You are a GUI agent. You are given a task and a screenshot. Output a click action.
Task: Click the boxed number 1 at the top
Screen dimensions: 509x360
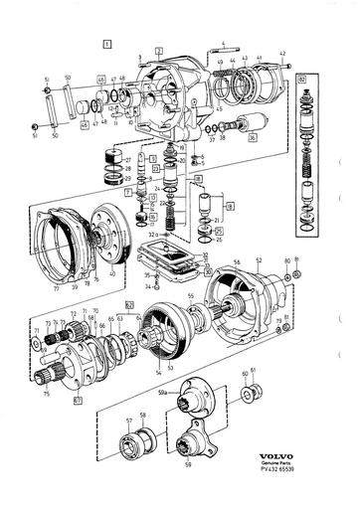108,44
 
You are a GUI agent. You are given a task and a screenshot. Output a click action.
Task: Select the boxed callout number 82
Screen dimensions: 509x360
301,76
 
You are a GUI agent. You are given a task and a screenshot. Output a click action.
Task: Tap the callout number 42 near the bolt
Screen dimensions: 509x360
282,53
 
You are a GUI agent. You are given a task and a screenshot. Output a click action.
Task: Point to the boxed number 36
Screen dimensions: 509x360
253,138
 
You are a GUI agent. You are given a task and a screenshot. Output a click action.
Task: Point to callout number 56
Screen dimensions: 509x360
236,261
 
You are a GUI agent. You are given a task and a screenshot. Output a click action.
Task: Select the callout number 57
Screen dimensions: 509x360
128,420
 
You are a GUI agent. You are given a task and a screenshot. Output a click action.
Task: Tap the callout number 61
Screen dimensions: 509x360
253,371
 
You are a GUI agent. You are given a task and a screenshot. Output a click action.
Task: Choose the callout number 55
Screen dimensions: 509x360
189,297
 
